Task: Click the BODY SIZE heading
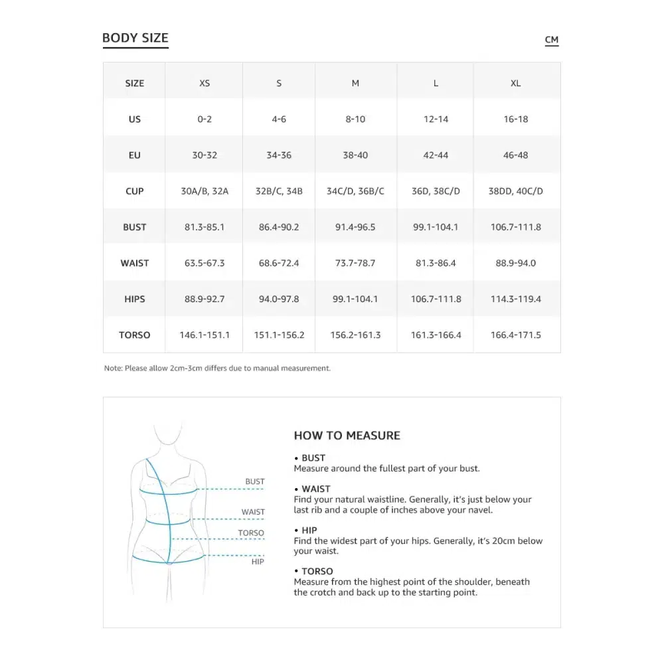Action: pyautogui.click(x=135, y=39)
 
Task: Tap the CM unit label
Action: pyautogui.click(x=552, y=40)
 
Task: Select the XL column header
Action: pyautogui.click(x=516, y=83)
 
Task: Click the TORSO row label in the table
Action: pyautogui.click(x=135, y=335)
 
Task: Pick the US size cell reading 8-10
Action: pyautogui.click(x=355, y=120)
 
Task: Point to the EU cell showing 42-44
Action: pyautogui.click(x=436, y=155)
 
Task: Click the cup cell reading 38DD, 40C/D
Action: pyautogui.click(x=516, y=191)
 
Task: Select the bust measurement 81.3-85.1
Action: pyautogui.click(x=205, y=227)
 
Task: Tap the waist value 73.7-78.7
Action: pyautogui.click(x=355, y=263)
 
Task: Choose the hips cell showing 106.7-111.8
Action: pyautogui.click(x=436, y=299)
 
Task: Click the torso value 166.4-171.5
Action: pyautogui.click(x=516, y=335)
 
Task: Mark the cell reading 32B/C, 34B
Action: pyautogui.click(x=279, y=191)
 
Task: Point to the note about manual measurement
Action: pyautogui.click(x=217, y=368)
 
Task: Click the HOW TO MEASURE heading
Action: pyautogui.click(x=347, y=436)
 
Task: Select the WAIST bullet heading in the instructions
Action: pyautogui.click(x=315, y=489)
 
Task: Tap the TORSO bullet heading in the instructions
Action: pyautogui.click(x=317, y=571)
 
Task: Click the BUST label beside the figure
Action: pyautogui.click(x=255, y=481)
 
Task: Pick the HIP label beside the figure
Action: pyautogui.click(x=258, y=562)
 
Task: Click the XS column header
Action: pyautogui.click(x=205, y=83)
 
